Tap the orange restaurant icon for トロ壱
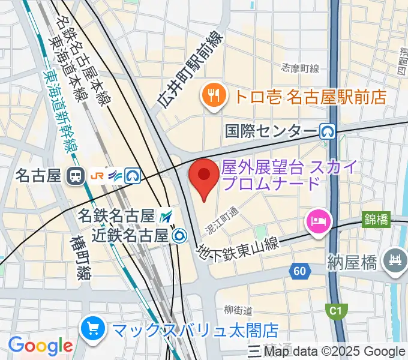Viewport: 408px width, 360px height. click(213, 95)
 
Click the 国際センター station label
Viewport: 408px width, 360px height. click(271, 131)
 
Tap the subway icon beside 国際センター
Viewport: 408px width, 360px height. click(327, 131)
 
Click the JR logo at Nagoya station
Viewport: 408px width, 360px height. click(98, 176)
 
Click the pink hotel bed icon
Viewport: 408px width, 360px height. click(317, 220)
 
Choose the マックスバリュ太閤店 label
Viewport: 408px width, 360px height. click(196, 329)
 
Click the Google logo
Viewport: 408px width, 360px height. click(40, 346)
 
